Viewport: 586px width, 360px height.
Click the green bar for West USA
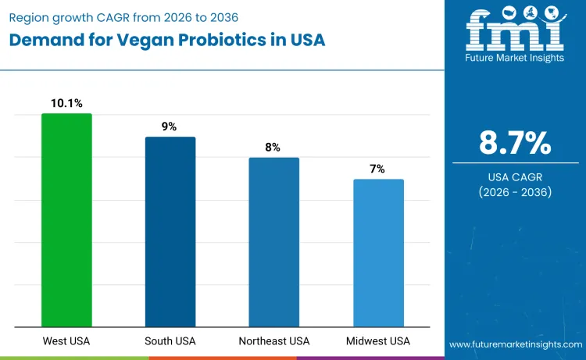point(66,220)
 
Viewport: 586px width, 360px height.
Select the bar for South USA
point(170,232)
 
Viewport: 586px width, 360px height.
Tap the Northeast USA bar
point(274,242)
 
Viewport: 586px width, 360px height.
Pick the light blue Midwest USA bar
point(378,253)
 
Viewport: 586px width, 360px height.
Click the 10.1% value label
point(66,102)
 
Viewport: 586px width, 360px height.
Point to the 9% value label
point(170,126)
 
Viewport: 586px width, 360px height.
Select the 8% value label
point(274,146)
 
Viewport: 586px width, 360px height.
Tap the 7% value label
point(378,168)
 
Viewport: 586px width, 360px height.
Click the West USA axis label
point(66,341)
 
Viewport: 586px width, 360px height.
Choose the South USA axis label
point(170,341)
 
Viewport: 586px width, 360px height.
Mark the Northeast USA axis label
point(274,341)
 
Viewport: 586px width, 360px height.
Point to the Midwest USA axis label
point(378,341)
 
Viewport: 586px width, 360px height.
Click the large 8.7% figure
point(515,143)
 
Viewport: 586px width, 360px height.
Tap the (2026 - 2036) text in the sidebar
point(515,192)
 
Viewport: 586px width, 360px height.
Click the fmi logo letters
point(514,30)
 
